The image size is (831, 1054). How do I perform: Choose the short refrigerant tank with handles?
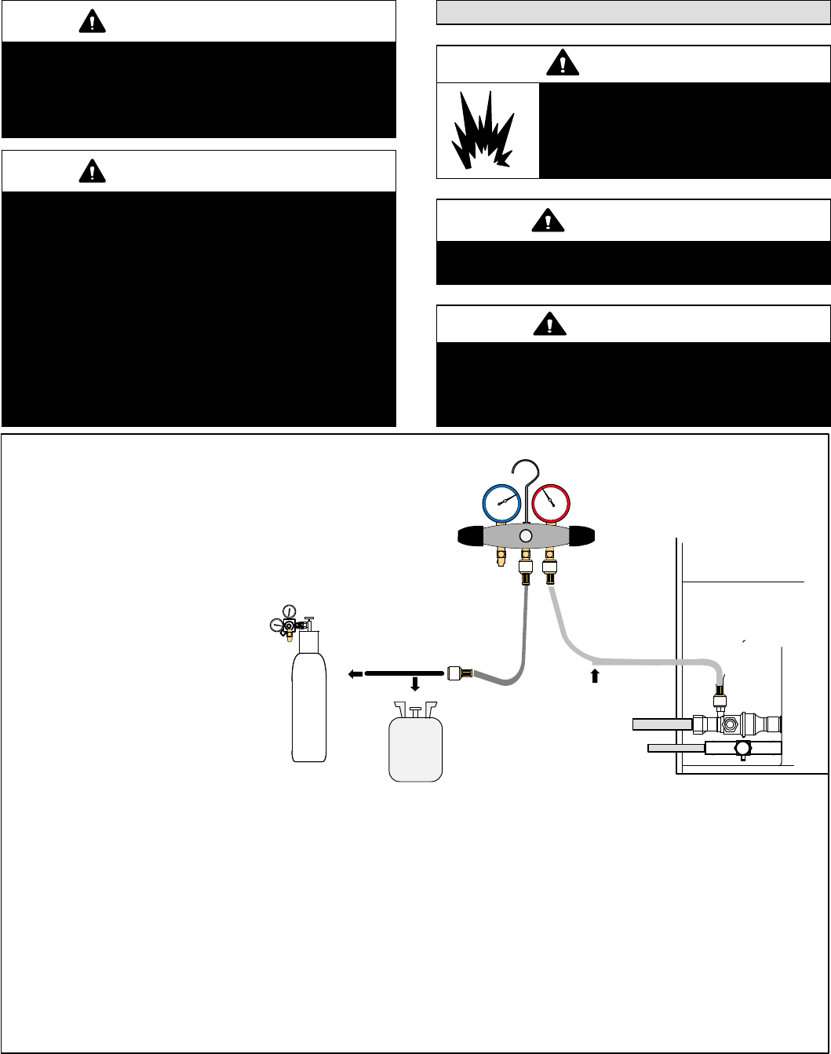tap(416, 746)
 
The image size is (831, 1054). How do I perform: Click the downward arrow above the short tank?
tap(415, 684)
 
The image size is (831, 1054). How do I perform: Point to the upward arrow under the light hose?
tap(594, 675)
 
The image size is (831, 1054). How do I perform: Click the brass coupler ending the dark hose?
tap(459, 673)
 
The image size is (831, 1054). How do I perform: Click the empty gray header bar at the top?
tap(632, 13)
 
